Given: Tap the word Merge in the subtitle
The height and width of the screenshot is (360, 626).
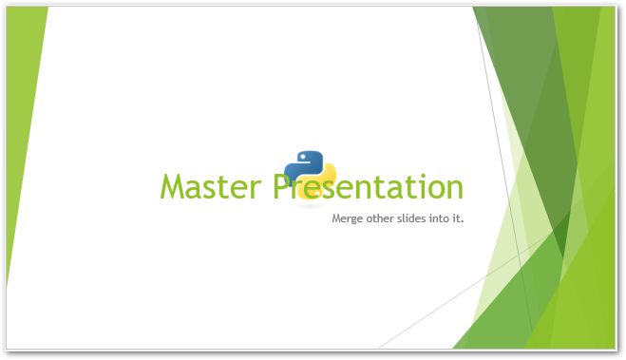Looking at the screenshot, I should tap(348, 218).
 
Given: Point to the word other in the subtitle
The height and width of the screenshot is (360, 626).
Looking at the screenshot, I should tap(381, 218).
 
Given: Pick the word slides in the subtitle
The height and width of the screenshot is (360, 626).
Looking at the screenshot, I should tap(414, 218).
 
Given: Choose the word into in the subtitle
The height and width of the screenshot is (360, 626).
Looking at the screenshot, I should tap(443, 218).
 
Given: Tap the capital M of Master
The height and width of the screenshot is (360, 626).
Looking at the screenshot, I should tap(173, 187).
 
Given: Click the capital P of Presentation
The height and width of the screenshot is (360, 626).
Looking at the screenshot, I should tap(283, 187).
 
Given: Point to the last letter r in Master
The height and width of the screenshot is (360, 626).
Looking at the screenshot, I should tap(259, 189).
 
